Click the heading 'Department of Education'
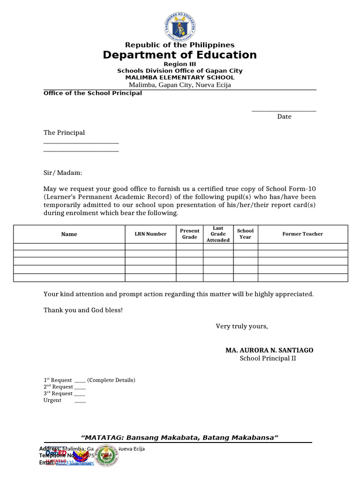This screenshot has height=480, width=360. click(180, 55)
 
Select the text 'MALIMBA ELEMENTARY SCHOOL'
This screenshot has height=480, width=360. click(180, 77)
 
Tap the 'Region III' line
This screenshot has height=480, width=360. click(180, 64)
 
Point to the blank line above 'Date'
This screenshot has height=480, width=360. click(284, 110)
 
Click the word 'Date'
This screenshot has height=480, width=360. click(284, 117)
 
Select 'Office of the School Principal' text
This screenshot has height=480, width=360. click(93, 93)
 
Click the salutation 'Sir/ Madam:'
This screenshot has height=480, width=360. click(63, 173)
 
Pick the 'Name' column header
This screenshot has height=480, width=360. click(69, 234)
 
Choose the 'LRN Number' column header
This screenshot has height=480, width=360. click(150, 234)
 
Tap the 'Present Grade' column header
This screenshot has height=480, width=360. click(190, 234)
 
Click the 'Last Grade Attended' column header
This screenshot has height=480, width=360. click(218, 234)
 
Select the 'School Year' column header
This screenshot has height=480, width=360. click(245, 234)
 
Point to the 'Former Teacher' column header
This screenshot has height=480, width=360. click(302, 234)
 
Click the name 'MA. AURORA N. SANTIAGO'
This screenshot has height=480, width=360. click(270, 350)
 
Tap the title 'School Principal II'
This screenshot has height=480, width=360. click(268, 359)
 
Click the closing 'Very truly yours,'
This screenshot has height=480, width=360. click(242, 326)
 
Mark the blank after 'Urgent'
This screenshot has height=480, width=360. click(80, 401)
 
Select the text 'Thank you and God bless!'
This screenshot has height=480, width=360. click(83, 310)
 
